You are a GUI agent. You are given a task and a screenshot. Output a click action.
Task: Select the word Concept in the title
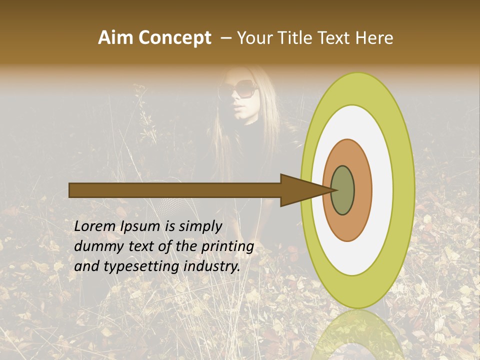pyautogui.click(x=175, y=38)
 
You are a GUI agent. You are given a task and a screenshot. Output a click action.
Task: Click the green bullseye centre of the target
pyautogui.click(x=343, y=190)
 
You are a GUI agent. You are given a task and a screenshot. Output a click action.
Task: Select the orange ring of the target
pyautogui.click(x=362, y=190)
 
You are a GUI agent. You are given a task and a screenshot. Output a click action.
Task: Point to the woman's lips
pyautogui.click(x=238, y=109)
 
